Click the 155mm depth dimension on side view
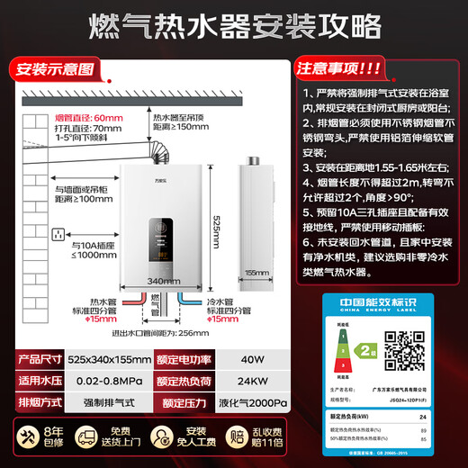(x=256, y=271)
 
